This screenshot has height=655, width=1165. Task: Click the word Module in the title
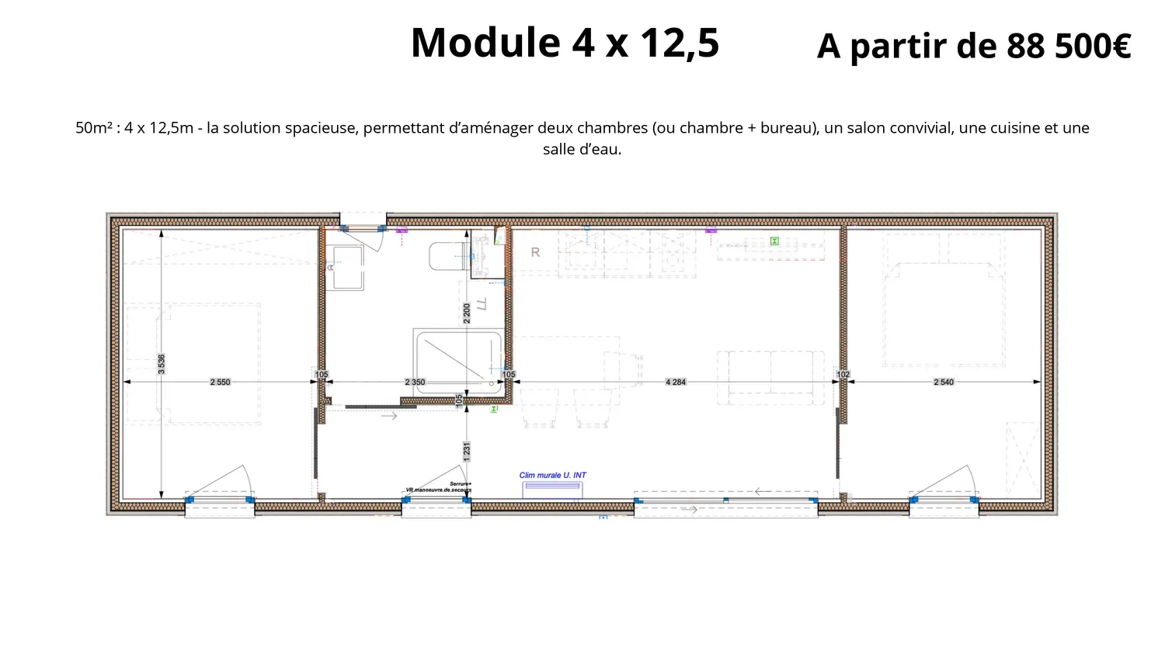[x=485, y=43]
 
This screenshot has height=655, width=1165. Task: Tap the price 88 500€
[x=1069, y=47]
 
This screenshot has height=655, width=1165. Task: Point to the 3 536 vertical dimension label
[x=162, y=364]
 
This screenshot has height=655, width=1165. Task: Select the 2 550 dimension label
[x=220, y=382]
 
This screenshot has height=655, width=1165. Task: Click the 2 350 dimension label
[x=415, y=382]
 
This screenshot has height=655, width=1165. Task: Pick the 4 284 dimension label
[x=676, y=382]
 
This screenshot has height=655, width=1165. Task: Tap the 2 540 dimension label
[x=944, y=382]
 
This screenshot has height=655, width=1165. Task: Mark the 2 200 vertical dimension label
[x=467, y=313]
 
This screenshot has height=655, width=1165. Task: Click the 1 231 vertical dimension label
[x=467, y=452]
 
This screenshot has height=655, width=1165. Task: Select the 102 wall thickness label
[x=843, y=374]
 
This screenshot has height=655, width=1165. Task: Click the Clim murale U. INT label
[x=553, y=475]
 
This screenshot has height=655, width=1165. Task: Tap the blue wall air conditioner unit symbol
[x=552, y=489]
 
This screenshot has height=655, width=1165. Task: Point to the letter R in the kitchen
[x=535, y=252]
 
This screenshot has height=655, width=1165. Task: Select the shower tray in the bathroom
[x=457, y=361]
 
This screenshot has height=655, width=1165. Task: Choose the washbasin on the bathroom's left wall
[x=346, y=267]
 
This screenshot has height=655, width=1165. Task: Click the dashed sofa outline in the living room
[x=770, y=376]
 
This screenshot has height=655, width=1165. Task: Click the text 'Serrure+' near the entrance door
[x=461, y=483]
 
